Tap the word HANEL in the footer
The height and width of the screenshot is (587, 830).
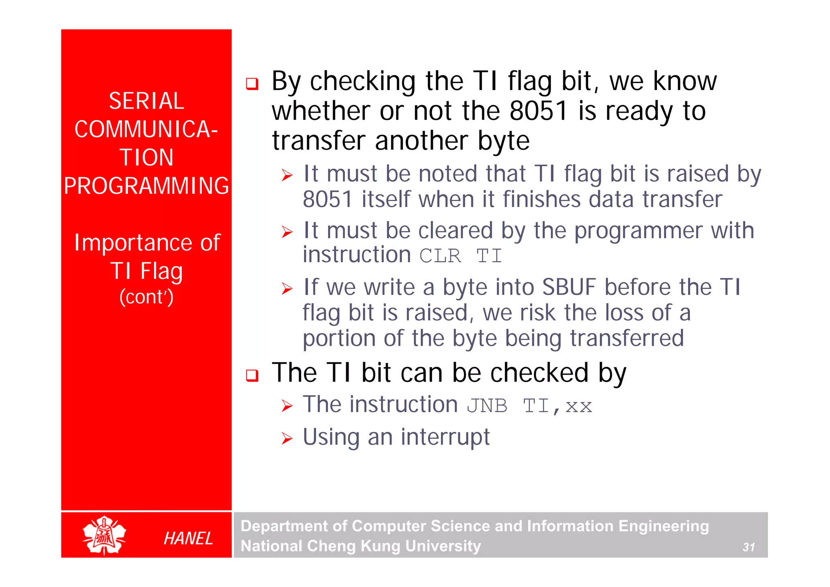pyautogui.click(x=188, y=538)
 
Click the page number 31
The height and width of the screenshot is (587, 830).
pyautogui.click(x=748, y=547)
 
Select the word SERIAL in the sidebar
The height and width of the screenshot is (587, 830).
pyautogui.click(x=146, y=101)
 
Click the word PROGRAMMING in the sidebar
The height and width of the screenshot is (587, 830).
pyautogui.click(x=146, y=186)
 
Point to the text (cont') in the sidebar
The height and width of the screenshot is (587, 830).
pyautogui.click(x=146, y=297)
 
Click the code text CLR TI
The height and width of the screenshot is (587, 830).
pyautogui.click(x=460, y=256)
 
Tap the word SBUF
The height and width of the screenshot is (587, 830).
pyautogui.click(x=569, y=287)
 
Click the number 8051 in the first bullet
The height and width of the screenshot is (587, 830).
pyautogui.click(x=538, y=111)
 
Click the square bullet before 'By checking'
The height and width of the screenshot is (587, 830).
pyautogui.click(x=252, y=84)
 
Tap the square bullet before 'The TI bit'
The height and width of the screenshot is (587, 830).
pyautogui.click(x=252, y=375)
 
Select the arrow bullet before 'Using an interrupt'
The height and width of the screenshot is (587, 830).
pyautogui.click(x=287, y=439)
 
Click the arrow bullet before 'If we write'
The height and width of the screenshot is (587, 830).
pyautogui.click(x=287, y=289)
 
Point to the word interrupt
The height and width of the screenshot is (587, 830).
pyautogui.click(x=445, y=437)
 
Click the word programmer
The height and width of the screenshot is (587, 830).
pyautogui.click(x=638, y=231)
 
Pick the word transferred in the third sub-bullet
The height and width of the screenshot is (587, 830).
pyautogui.click(x=627, y=338)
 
